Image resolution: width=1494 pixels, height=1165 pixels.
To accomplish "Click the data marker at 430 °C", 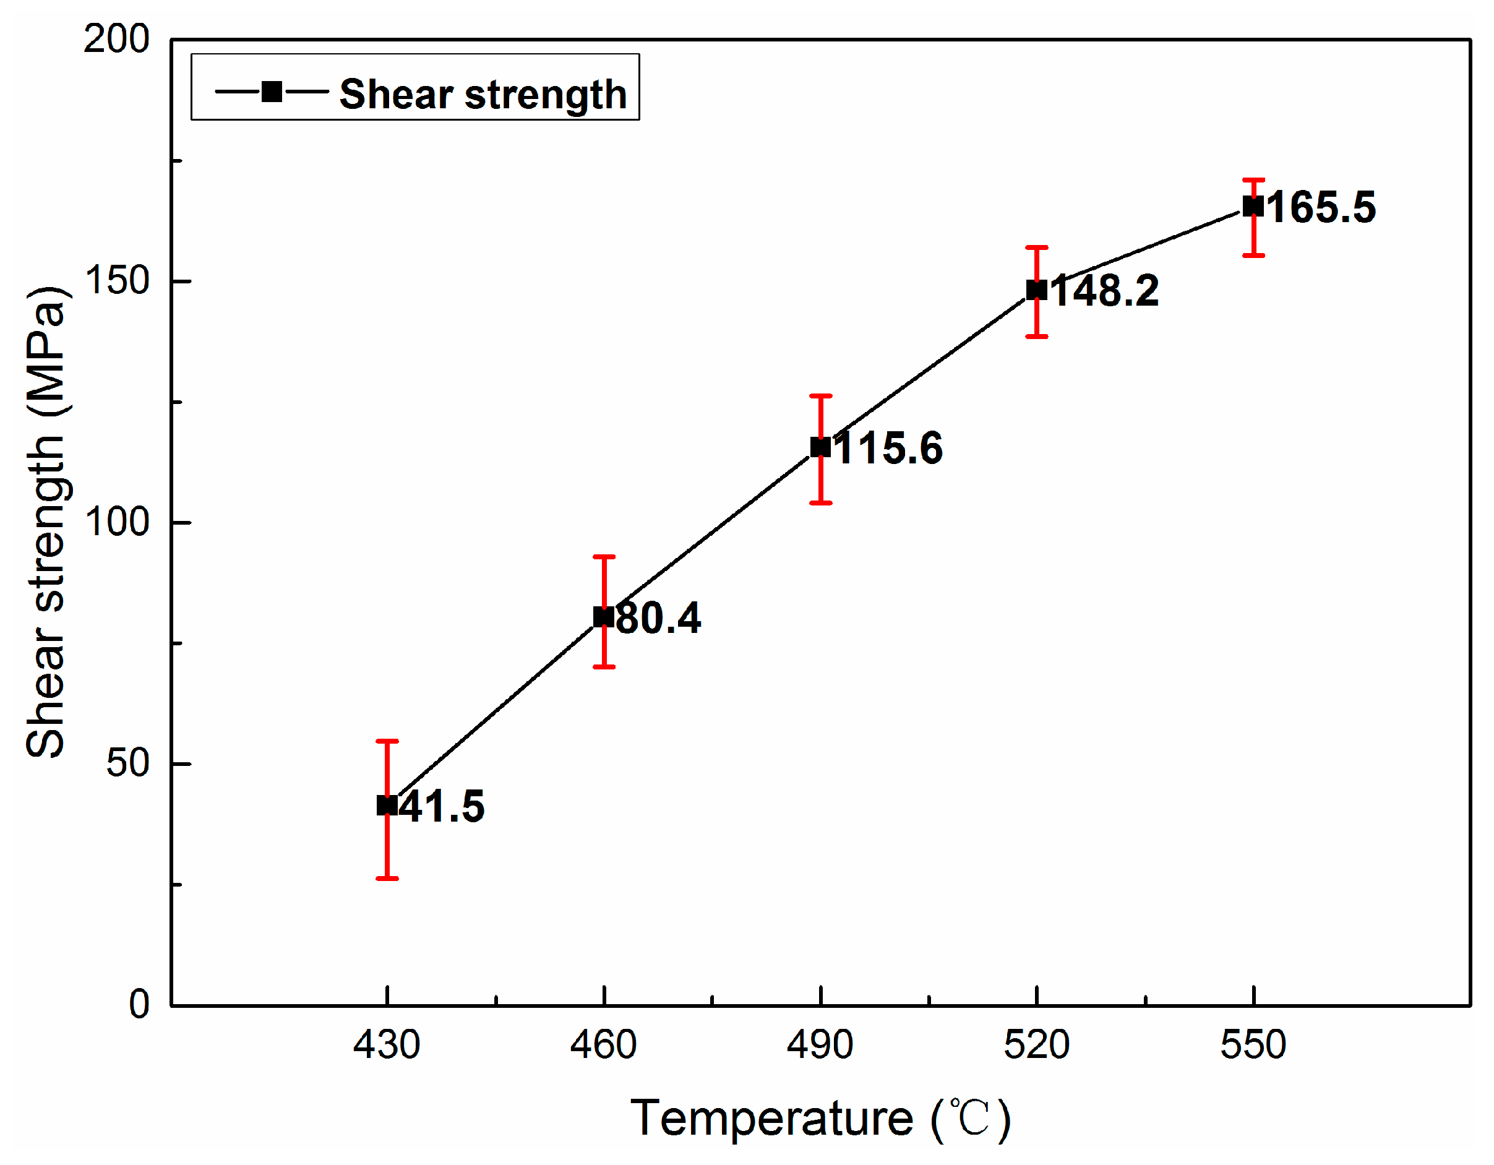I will (x=387, y=805).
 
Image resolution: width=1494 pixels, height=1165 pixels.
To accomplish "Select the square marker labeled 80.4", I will (x=603, y=616).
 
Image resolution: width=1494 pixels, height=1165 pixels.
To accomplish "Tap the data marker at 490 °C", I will (x=820, y=447).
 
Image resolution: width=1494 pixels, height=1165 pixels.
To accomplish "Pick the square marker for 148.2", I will (x=1036, y=290).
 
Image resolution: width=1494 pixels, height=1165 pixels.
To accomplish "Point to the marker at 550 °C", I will (x=1253, y=206).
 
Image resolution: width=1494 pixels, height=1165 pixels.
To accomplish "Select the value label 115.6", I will (x=888, y=449).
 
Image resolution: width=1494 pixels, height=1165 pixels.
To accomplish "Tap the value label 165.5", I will (x=1321, y=207).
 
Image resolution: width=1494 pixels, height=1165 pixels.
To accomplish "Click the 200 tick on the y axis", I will (x=116, y=39).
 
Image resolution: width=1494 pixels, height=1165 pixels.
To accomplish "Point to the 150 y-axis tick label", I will (x=116, y=280).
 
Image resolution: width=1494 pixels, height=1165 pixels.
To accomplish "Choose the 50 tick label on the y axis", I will (x=127, y=763).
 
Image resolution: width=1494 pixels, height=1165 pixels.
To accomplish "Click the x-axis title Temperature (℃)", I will (x=820, y=1119).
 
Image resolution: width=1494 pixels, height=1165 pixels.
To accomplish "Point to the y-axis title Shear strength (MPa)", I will (x=46, y=522).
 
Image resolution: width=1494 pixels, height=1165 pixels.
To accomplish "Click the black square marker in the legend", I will (x=272, y=92).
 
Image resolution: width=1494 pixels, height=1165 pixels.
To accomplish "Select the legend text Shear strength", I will (x=483, y=93).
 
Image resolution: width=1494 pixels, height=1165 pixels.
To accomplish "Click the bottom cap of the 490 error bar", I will (x=820, y=504).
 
